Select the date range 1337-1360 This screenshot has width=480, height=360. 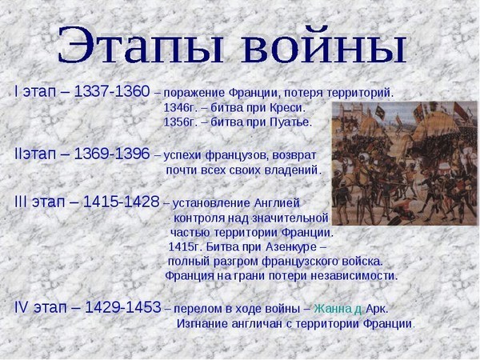click(x=112, y=91)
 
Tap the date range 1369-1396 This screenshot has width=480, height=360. click(x=112, y=154)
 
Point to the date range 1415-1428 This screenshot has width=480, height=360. click(x=122, y=202)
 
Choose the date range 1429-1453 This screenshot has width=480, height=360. click(x=122, y=307)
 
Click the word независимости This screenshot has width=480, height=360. click(x=354, y=276)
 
